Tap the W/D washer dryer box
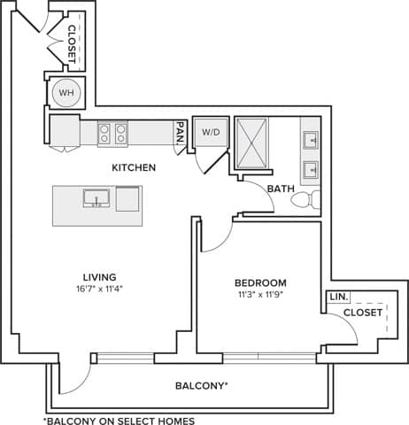pyautogui.click(x=211, y=133)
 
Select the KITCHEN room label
pyautogui.click(x=135, y=167)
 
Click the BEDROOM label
pyautogui.click(x=260, y=283)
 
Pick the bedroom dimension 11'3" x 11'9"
pyautogui.click(x=260, y=295)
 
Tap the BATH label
pyautogui.click(x=281, y=188)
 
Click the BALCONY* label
pyautogui.click(x=202, y=386)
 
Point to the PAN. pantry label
pyautogui.click(x=180, y=132)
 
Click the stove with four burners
pyautogui.click(x=112, y=133)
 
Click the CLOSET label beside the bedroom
pyautogui.click(x=363, y=313)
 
